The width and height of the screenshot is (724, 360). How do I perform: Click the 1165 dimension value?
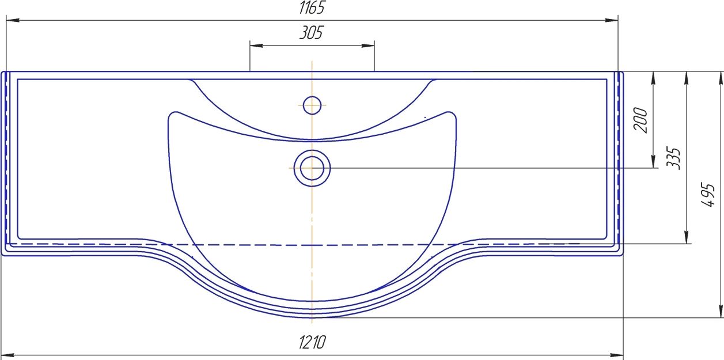(x=311, y=7)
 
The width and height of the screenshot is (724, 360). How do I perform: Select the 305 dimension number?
(x=311, y=33)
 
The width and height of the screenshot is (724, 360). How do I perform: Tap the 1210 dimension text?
(x=312, y=342)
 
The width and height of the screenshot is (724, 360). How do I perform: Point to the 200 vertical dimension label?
(x=640, y=120)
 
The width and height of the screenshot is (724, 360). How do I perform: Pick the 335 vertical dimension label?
(x=673, y=158)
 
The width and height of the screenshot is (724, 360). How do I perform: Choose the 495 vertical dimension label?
(x=708, y=195)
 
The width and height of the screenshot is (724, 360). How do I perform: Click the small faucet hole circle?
(x=312, y=105)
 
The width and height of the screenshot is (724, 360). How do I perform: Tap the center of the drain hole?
(x=312, y=168)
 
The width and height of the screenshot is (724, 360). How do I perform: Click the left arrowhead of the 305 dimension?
(x=256, y=46)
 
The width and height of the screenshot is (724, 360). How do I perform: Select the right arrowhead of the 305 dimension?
(x=368, y=46)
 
